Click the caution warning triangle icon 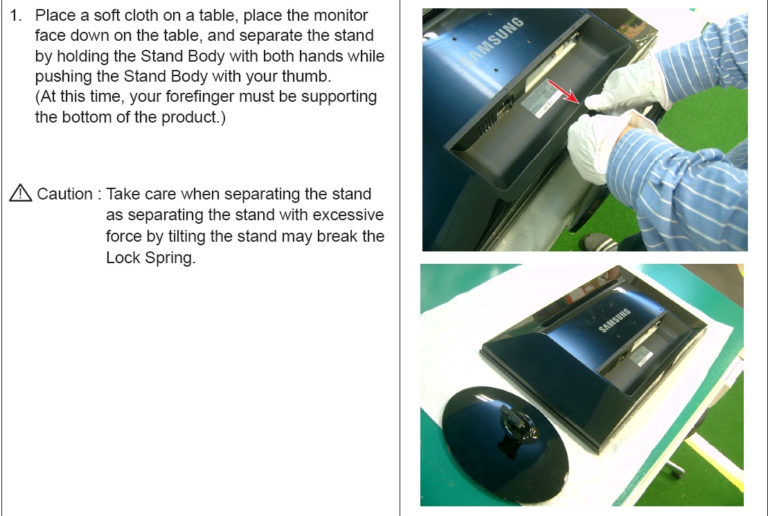(21, 193)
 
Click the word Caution (64, 194)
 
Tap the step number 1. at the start (16, 15)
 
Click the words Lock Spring (150, 258)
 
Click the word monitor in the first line (341, 15)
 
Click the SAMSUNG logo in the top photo (492, 41)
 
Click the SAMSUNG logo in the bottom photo (615, 321)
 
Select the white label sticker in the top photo (542, 98)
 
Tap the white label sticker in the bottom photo (641, 356)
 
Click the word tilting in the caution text (186, 237)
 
